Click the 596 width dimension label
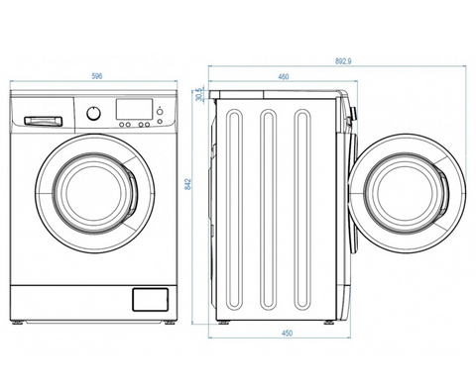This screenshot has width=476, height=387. click(97, 76)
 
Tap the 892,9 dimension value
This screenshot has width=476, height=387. click(343, 61)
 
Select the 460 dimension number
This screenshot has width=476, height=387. click(284, 77)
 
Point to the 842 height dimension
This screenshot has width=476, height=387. click(188, 186)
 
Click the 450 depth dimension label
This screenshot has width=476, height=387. click(287, 334)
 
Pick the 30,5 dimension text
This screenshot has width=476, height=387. click(198, 95)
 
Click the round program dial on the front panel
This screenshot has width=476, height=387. click(94, 113)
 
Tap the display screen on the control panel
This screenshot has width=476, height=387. click(134, 109)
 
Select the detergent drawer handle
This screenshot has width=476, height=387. click(43, 121)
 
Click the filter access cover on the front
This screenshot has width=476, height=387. click(151, 299)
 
